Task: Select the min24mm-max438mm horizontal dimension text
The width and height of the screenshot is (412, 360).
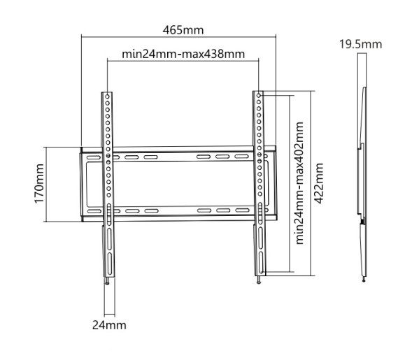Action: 183,55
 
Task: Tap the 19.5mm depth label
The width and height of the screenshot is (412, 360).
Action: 360,44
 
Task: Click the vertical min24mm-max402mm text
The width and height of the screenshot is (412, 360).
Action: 299,183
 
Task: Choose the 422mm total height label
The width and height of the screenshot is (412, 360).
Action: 318,183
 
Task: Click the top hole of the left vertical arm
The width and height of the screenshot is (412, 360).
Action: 108,96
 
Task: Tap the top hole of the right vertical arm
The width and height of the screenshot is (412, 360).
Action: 260,94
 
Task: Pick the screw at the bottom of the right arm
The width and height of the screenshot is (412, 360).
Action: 259,280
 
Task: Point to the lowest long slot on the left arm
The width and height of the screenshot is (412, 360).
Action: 108,264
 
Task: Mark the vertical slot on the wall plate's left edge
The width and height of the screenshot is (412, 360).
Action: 86,184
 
